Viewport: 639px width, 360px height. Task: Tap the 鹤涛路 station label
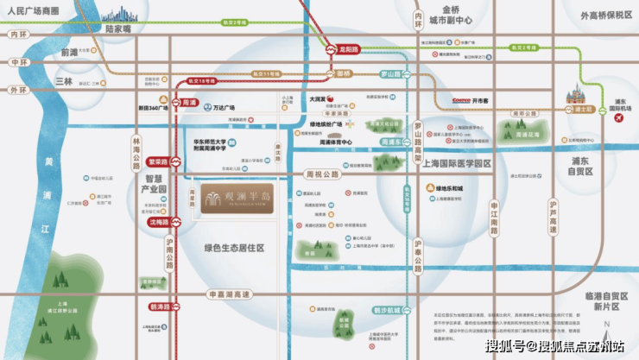coord(160,306)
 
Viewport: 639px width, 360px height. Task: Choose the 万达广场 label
coord(227,110)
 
